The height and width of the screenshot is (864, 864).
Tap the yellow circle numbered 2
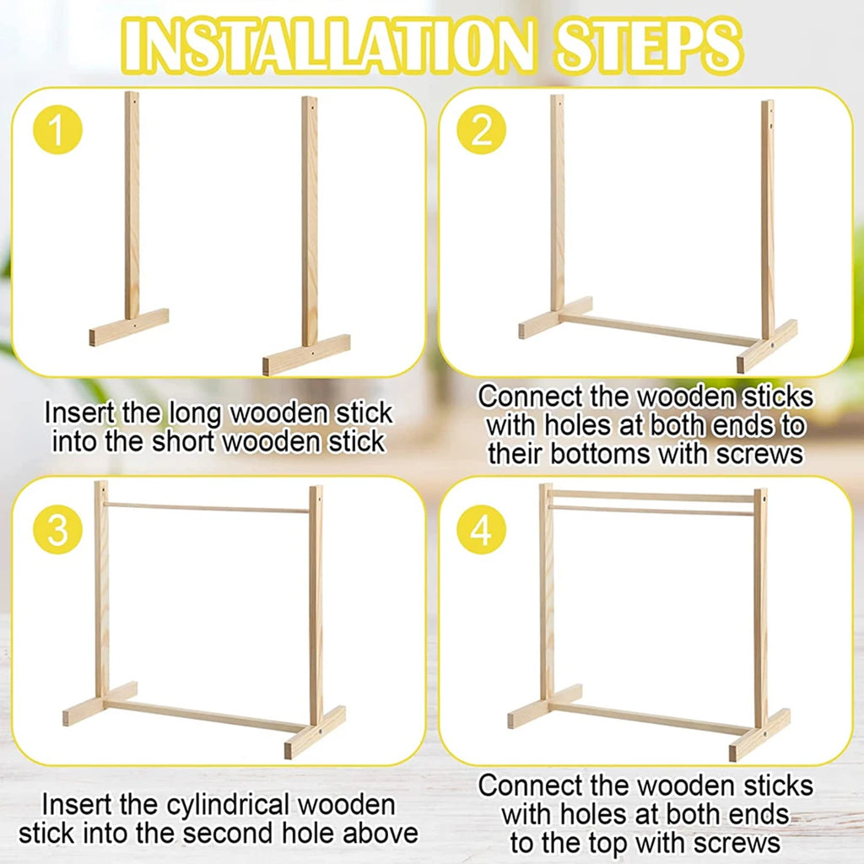point(481,133)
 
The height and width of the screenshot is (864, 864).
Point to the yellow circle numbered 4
point(481,532)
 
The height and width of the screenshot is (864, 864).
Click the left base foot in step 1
point(129,327)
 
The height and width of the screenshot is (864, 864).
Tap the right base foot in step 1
point(306,354)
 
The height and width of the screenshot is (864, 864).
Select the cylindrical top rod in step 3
point(208,508)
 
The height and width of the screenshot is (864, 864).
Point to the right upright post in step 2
point(767,219)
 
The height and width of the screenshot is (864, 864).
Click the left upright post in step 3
point(101,591)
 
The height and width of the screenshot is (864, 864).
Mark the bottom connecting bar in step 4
point(650,717)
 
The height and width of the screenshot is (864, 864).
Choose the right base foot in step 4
point(759,735)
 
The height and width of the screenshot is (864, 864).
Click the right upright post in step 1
point(310,219)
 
